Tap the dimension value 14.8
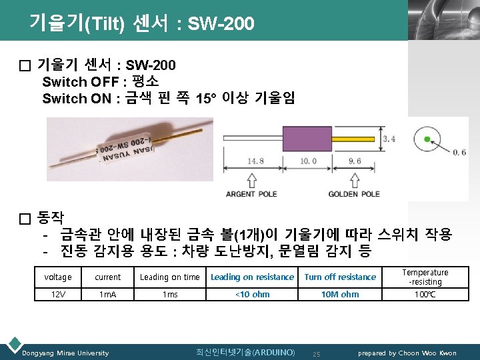[x=255, y=161]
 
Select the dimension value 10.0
[x=308, y=161]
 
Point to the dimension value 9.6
[x=354, y=161]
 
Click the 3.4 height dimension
[x=389, y=139]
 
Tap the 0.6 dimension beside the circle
[x=459, y=153]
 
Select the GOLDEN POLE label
[x=354, y=194]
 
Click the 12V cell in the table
[x=58, y=294]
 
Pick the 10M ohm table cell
[x=340, y=294]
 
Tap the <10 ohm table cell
[x=252, y=294]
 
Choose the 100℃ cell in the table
[x=425, y=294]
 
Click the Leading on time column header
[x=169, y=277]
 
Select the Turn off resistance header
[x=340, y=277]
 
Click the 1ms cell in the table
[x=169, y=294]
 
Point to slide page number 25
[x=317, y=353]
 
